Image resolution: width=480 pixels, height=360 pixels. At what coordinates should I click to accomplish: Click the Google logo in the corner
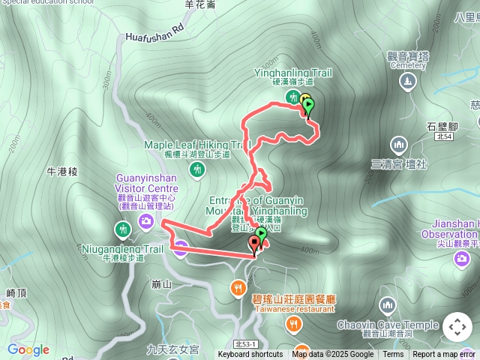(28, 349)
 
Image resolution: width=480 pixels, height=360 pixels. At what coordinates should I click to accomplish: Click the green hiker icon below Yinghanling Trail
(290, 96)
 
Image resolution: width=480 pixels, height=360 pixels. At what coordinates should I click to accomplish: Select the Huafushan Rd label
(154, 34)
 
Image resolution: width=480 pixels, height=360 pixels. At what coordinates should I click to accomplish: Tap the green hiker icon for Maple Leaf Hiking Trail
(198, 169)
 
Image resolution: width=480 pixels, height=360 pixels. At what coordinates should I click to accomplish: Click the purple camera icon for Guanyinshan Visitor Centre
(147, 220)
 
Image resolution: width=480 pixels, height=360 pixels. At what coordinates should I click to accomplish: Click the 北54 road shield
(443, 136)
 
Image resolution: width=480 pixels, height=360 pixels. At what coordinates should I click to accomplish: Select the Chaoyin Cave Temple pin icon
(387, 305)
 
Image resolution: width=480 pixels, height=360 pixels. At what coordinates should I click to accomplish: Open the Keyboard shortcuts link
(250, 355)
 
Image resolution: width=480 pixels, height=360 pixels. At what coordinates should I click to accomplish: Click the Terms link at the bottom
(393, 355)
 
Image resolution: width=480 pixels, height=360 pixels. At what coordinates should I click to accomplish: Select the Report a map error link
(444, 355)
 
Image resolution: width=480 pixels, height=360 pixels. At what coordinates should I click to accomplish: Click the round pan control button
(457, 327)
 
